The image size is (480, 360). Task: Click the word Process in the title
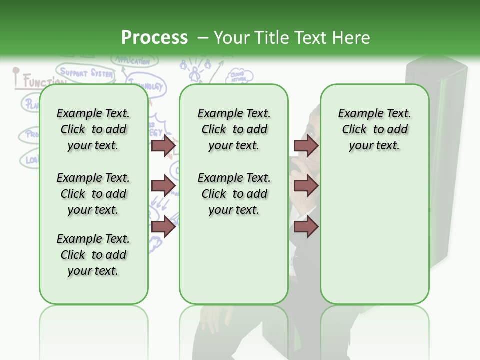point(154,37)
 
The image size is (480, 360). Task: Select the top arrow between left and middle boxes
point(163,145)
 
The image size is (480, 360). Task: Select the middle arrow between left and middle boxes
point(163,186)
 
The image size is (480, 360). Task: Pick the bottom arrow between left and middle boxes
point(163,227)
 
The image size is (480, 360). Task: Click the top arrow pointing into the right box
point(306,145)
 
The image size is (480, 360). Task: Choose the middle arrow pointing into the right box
point(306,186)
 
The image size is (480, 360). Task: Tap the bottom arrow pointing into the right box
point(306,227)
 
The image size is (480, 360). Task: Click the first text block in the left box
point(93,129)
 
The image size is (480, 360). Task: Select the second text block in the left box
point(93,194)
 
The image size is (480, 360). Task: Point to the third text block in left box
point(93,255)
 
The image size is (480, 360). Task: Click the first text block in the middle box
point(234,129)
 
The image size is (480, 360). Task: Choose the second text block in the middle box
point(234,194)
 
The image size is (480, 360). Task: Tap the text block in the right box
point(374,129)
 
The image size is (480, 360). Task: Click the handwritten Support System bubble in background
point(85,73)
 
